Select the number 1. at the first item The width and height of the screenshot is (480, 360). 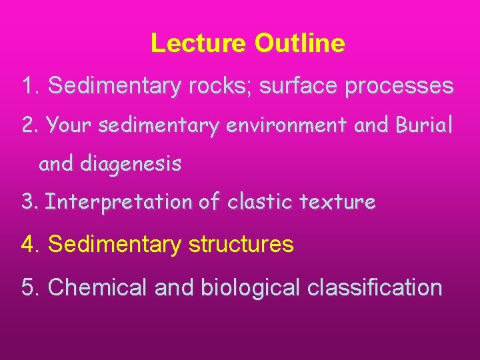[32, 86]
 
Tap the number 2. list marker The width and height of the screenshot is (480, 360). [31, 125]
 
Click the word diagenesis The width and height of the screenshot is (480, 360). [130, 164]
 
